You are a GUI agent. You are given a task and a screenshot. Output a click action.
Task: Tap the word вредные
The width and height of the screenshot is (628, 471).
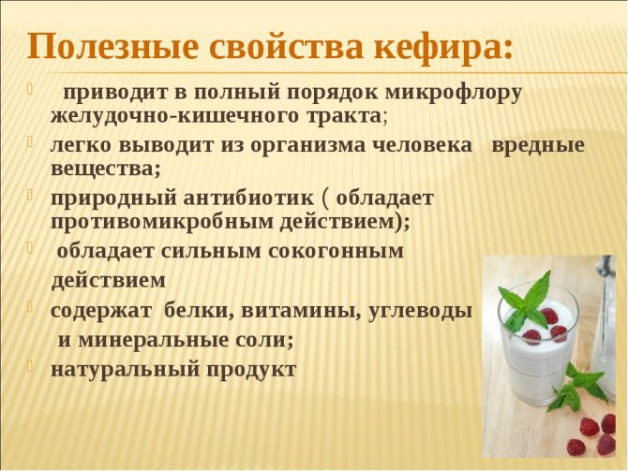538,145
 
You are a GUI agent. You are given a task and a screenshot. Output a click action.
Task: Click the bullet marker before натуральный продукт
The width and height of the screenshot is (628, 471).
29,365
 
